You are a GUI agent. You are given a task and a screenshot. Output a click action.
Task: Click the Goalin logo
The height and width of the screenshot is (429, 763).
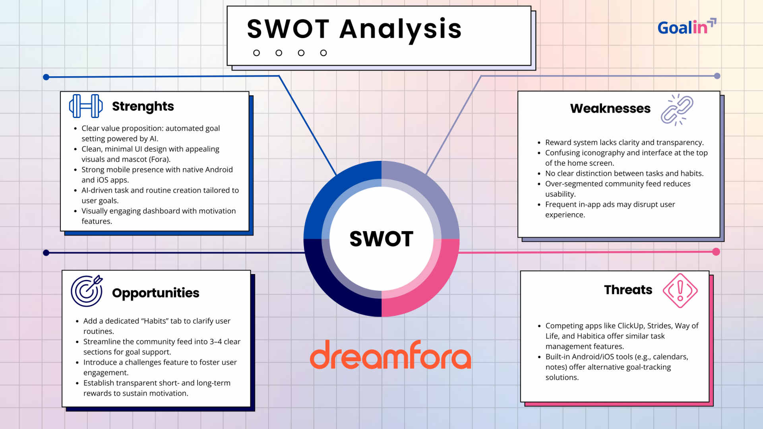tap(686, 27)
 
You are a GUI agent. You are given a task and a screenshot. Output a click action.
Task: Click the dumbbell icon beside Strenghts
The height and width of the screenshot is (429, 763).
tap(86, 106)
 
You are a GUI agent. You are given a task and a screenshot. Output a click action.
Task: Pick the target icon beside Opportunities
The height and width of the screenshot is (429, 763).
tap(87, 291)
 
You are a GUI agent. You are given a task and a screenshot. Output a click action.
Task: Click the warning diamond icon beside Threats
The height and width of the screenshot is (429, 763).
tap(680, 291)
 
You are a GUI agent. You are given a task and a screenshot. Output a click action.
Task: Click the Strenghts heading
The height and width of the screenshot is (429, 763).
tap(143, 106)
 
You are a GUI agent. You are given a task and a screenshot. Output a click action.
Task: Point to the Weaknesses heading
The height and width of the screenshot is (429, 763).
tap(610, 108)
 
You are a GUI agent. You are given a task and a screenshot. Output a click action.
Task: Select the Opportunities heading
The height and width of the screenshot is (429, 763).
tap(155, 293)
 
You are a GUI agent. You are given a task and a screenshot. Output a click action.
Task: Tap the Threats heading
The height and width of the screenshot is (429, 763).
tap(628, 290)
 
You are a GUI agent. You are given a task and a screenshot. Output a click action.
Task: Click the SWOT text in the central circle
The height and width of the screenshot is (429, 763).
tap(381, 239)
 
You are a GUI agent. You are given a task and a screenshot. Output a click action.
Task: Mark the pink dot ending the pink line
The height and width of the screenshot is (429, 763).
tap(716, 252)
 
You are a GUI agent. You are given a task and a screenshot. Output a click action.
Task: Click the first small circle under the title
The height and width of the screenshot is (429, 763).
tap(256, 53)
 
